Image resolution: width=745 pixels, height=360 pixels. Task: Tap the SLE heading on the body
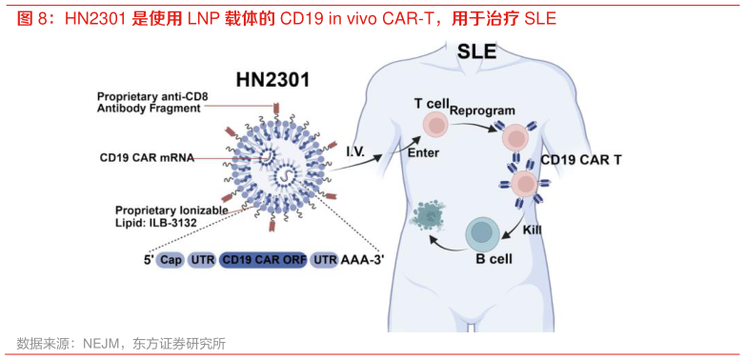click(x=478, y=51)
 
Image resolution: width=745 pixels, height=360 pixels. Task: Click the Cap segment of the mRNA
click(x=171, y=260)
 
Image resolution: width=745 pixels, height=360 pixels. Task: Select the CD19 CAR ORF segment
click(x=263, y=260)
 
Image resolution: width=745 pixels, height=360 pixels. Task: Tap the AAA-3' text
click(x=362, y=260)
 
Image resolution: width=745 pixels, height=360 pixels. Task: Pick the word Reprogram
click(x=482, y=110)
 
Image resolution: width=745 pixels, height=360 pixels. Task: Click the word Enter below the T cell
click(x=422, y=152)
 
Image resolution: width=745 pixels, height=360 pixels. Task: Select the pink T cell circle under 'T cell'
click(x=434, y=125)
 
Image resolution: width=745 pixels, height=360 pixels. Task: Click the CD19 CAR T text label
click(x=581, y=160)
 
